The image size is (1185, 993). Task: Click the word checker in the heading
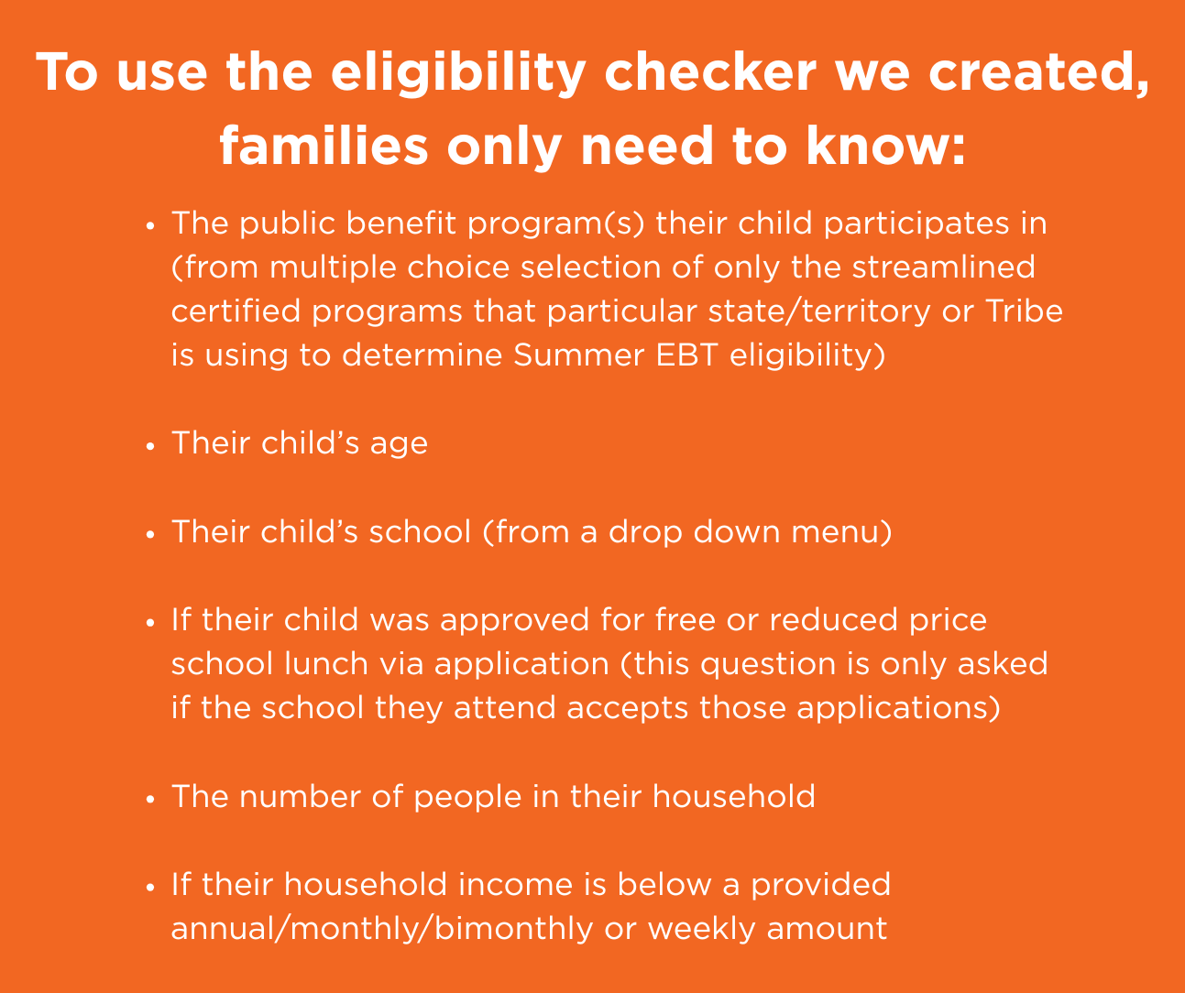point(710,72)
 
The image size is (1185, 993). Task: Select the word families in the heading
point(324,147)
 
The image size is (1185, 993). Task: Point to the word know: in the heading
point(886,147)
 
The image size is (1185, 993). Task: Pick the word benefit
point(400,223)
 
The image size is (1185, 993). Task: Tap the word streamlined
point(943,267)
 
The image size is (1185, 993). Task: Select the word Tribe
point(1024,311)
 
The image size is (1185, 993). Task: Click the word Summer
point(578,355)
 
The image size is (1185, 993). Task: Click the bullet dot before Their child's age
point(149,446)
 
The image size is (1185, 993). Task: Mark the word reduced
point(833,619)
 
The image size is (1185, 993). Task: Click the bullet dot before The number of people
point(149,800)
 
